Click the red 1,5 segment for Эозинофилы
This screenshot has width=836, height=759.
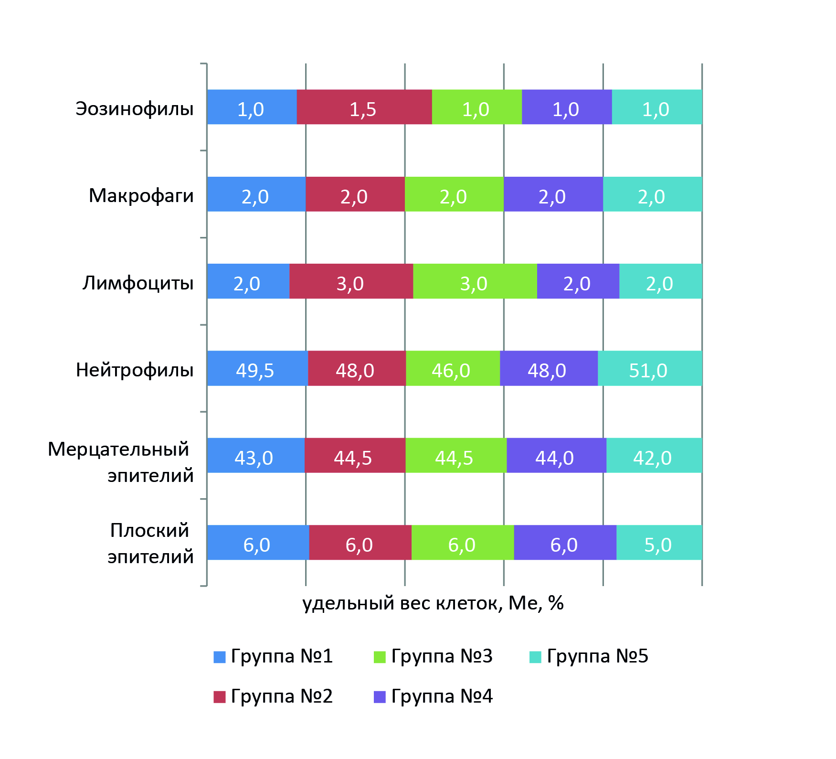364,107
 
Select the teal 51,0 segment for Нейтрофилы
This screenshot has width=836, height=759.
650,368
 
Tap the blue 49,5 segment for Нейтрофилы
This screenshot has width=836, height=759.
257,368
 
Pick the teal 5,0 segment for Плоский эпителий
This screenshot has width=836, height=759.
659,543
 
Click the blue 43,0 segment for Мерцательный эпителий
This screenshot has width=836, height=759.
255,455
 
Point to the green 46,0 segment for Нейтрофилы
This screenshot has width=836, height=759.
453,368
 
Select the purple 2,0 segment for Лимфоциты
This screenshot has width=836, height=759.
578,281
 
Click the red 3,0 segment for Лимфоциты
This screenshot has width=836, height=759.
351,281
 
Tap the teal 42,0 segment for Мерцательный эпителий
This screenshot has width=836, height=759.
654,455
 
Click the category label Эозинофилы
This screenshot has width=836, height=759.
135,109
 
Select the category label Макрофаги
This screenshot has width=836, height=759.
141,196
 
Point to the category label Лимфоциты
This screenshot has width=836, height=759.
138,283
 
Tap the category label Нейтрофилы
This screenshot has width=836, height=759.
135,370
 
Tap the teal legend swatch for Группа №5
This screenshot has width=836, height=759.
535,657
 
